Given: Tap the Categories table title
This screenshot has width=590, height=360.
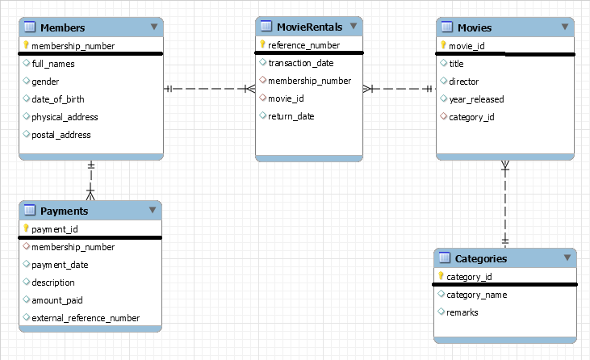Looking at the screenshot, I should (481, 258).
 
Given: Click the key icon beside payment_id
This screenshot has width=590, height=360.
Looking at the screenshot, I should (26, 229).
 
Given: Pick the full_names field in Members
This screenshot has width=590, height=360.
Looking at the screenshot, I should (53, 63).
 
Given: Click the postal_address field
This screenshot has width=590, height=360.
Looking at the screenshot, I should (61, 135).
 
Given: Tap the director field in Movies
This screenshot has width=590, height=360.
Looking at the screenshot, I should (463, 82).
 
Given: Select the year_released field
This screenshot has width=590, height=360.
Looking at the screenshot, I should (476, 99).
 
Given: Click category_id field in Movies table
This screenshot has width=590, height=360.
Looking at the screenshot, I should (471, 117).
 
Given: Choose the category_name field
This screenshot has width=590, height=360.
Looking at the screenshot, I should (476, 295).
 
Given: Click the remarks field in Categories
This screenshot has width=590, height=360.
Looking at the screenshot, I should (462, 312).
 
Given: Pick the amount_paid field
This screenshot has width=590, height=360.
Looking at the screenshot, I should (57, 300).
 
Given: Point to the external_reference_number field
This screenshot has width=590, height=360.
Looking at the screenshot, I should (86, 318).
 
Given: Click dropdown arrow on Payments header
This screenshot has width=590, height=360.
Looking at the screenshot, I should (152, 210).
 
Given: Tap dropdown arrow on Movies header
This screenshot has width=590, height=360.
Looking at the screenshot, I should (564, 27).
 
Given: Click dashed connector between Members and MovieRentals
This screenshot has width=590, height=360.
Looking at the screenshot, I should (210, 89).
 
